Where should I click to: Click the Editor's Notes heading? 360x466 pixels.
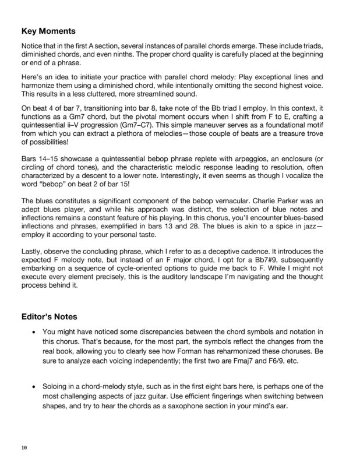(x=51, y=316)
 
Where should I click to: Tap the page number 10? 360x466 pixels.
(x=23, y=447)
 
